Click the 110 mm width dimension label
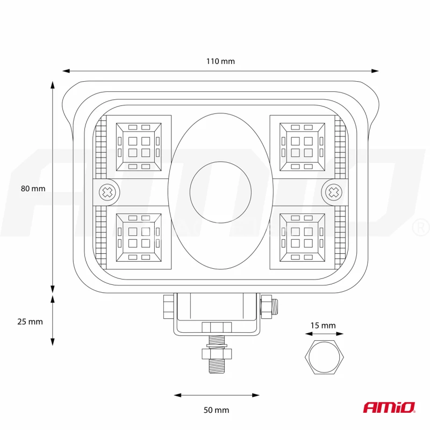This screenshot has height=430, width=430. [x=220, y=61]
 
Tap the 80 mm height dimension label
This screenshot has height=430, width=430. [x=33, y=189]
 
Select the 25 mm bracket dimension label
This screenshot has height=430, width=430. [x=30, y=321]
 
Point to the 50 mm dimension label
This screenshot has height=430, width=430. [x=217, y=410]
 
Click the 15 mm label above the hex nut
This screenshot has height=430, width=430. [x=323, y=326]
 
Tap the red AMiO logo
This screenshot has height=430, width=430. [x=389, y=407]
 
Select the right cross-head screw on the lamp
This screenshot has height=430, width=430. [x=333, y=192]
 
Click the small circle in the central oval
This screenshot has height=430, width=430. [x=220, y=192]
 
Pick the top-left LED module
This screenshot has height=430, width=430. [x=139, y=147]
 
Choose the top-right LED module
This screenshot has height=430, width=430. [x=302, y=147]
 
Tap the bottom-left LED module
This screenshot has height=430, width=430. [x=139, y=238]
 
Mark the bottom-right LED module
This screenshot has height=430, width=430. [x=302, y=238]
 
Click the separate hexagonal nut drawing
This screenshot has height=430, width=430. [x=325, y=357]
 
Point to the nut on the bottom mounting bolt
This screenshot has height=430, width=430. [x=217, y=354]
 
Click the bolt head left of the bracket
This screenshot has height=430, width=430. [x=168, y=306]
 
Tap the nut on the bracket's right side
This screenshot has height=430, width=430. [x=266, y=306]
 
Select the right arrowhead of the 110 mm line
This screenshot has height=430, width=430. [x=375, y=71]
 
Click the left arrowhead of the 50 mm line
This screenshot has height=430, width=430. [x=178, y=395]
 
